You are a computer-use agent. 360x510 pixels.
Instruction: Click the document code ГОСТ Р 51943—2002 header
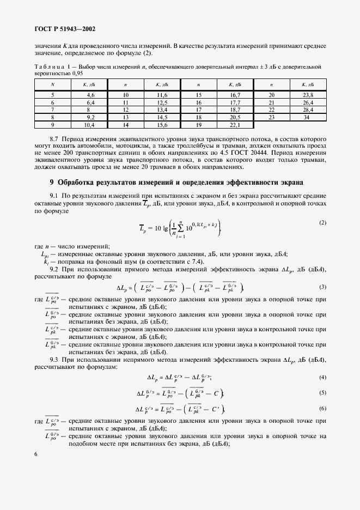click(x=65, y=29)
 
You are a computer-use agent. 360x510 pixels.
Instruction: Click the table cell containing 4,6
click(x=90, y=95)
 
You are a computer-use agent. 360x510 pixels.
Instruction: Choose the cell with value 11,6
click(x=162, y=95)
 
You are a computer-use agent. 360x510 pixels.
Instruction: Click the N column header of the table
click(x=52, y=84)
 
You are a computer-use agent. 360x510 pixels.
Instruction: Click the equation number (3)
click(x=322, y=287)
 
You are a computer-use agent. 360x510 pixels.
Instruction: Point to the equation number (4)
click(x=322, y=377)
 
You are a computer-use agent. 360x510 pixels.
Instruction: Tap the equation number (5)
click(x=322, y=392)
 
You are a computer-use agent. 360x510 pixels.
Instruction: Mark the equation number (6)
click(x=322, y=408)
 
